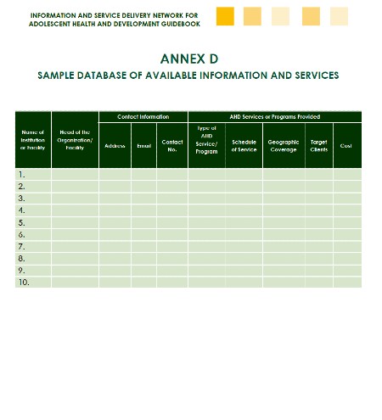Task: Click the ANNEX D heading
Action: pos(188,59)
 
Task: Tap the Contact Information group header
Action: pos(143,116)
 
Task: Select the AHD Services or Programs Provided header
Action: pos(274,116)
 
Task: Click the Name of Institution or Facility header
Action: pos(32,140)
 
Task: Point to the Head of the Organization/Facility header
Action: pos(75,140)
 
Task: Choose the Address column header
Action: pos(115,146)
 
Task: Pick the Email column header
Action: pos(143,146)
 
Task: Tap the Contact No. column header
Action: pos(171,146)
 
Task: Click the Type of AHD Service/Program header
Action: pos(206,140)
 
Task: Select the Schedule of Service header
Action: pos(244,146)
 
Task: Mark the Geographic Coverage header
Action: pos(284,146)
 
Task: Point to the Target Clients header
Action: pos(318,146)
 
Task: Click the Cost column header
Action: pos(345,146)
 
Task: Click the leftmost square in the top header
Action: pos(225,16)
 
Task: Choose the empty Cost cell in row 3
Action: pos(346,198)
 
